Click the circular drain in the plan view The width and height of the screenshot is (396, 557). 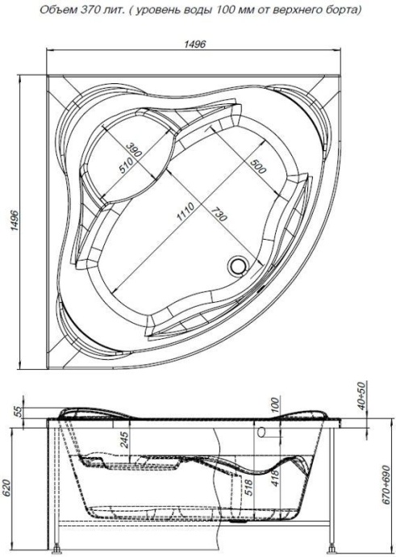coord(240,264)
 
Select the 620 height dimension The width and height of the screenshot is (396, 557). coord(9,488)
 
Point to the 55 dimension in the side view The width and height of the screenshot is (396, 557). coord(17,411)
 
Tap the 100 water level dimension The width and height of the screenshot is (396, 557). coord(274,405)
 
